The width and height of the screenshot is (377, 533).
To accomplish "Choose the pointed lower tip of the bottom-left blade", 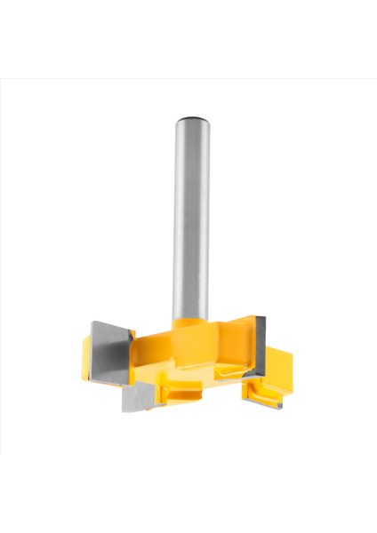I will pyautogui.click(x=125, y=411).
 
